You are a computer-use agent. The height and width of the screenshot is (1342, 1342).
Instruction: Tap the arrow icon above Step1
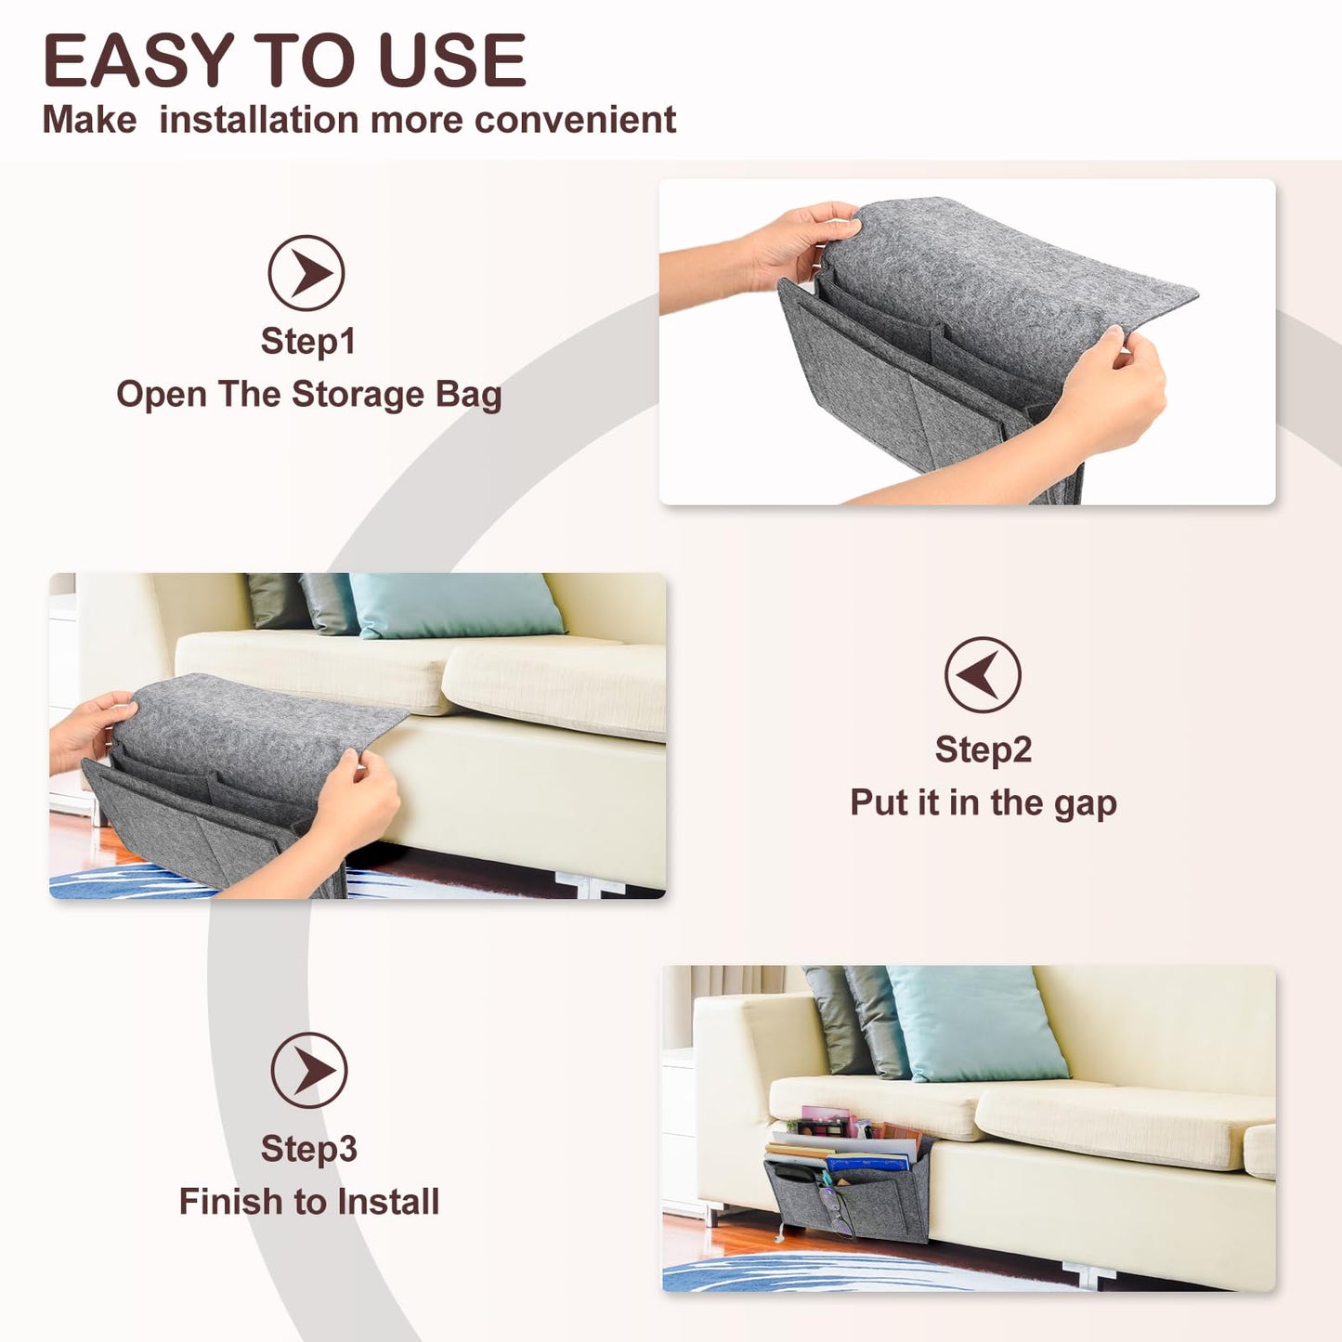click(306, 273)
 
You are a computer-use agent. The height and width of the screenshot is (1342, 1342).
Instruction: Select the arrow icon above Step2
click(983, 674)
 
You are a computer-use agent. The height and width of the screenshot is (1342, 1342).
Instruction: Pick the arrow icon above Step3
click(309, 1070)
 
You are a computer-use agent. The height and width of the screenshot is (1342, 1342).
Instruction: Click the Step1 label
click(308, 342)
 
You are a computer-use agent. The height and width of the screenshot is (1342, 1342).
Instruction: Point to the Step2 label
click(984, 749)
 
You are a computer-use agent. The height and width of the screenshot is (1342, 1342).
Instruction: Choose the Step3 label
click(308, 1149)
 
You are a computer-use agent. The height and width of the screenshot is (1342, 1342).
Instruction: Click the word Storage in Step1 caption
click(358, 395)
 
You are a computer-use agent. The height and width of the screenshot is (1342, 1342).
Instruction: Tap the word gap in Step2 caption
click(1085, 803)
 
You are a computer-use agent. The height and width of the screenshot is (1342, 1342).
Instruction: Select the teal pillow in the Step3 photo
click(975, 1023)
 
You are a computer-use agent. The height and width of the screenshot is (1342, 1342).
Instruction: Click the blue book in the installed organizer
click(868, 1163)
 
